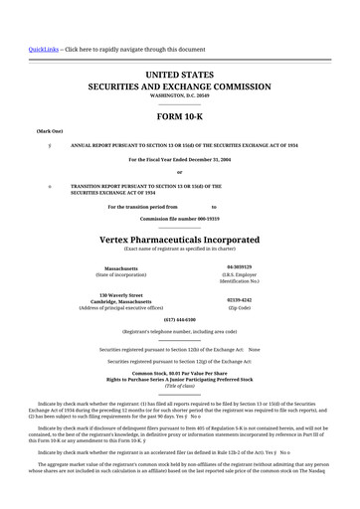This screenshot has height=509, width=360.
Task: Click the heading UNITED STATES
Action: pos(179,75)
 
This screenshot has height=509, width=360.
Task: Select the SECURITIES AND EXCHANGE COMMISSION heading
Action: pos(179,86)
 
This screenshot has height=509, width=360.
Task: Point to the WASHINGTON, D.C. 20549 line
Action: pos(179,96)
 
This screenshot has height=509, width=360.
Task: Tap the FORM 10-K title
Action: pos(179,116)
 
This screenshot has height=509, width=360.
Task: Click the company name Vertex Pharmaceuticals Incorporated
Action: pos(179,240)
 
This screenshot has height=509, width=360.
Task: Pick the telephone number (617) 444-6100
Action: pos(179,319)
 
